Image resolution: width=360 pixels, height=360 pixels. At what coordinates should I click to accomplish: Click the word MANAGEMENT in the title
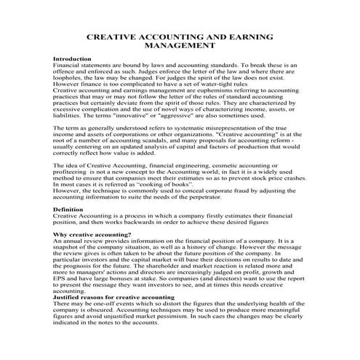[180, 45]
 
